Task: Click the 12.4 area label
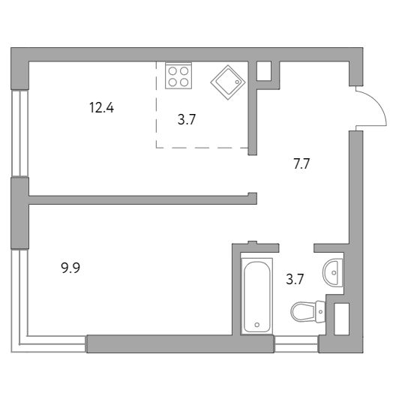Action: pos(101,107)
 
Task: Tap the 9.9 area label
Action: pos(70,268)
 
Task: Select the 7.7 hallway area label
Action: pos(301,163)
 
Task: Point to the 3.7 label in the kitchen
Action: pos(187,119)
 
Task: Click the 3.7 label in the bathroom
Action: pos(295,279)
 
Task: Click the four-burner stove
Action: pos(178,76)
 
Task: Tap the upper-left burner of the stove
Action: pos(172,71)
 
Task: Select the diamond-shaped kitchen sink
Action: pos(228,82)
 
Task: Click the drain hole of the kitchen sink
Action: pos(237,82)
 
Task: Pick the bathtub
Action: pos(257,296)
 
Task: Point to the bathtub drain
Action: pos(257,325)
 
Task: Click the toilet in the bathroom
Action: pos(307,312)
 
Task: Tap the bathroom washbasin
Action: pos(332,272)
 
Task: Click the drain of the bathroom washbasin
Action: pos(334,273)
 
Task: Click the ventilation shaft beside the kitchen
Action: pos(264,71)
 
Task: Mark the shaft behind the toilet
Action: pos(342,319)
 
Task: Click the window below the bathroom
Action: pos(296,344)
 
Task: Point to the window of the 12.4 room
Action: pos(19,133)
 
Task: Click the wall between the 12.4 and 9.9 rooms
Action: pos(142,199)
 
